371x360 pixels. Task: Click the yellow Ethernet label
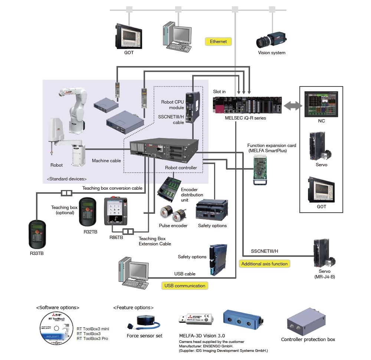pyautogui.click(x=218, y=42)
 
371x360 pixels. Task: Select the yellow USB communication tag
pyautogui.click(x=185, y=286)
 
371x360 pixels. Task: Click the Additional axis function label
pyautogui.click(x=264, y=264)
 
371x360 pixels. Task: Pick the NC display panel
pyautogui.click(x=321, y=104)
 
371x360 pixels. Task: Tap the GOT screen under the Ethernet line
pyautogui.click(x=128, y=36)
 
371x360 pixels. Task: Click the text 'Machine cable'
pyautogui.click(x=106, y=161)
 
